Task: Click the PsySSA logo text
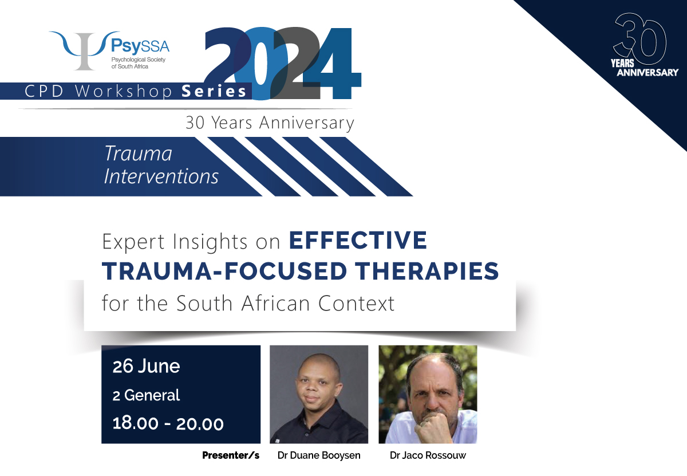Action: coord(140,46)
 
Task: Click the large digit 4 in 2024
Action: coord(332,64)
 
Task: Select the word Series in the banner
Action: coord(214,92)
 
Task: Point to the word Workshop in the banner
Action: coord(123,92)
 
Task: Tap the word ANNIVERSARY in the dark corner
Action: coord(647,72)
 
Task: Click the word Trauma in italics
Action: coord(139,154)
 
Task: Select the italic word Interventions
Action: coord(161,176)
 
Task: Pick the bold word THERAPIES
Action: coord(427,271)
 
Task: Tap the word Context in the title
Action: coord(356,303)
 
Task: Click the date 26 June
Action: coord(147,367)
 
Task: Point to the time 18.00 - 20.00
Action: coord(168,423)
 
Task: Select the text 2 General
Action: coord(147,395)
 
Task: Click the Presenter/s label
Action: coord(231,455)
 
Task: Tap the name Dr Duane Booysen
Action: coord(319,455)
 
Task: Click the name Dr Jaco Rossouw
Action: coord(428,455)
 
